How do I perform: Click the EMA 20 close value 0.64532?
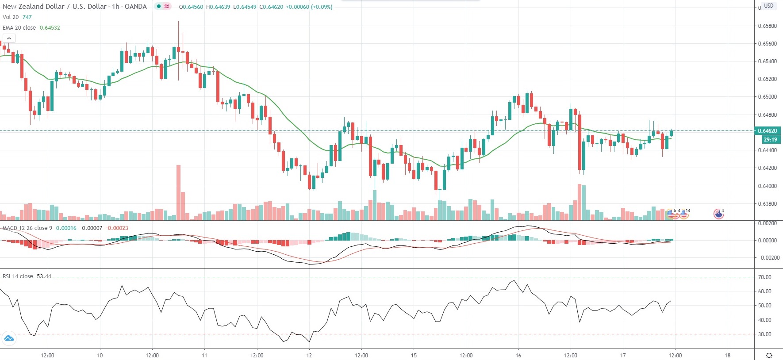50,27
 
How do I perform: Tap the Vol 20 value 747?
27,17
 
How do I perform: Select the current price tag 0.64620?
768,130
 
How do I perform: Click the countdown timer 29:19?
770,139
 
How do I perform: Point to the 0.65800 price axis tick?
768,26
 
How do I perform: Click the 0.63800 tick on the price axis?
768,204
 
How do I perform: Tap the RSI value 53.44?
44,276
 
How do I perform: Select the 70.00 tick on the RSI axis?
765,277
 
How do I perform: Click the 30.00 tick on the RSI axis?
765,334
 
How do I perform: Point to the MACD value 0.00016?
66,228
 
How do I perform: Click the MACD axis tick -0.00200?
768,258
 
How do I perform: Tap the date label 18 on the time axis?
727,355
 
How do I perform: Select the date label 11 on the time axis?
204,355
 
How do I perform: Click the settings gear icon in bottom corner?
769,355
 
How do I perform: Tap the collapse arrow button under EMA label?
9,38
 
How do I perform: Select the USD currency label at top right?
769,6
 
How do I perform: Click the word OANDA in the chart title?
135,7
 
